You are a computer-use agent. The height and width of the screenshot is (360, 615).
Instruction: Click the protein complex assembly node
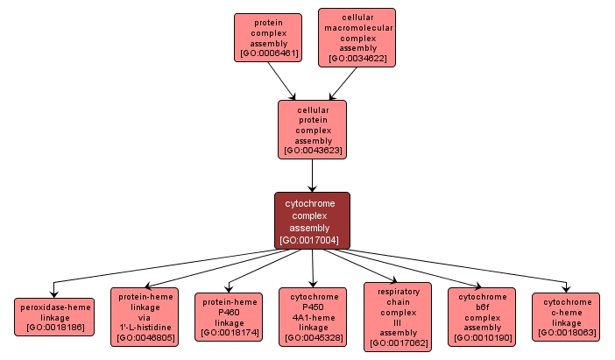267,37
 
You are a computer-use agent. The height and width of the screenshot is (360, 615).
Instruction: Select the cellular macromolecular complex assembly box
357,36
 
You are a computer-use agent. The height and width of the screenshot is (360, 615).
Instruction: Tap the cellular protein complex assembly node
312,130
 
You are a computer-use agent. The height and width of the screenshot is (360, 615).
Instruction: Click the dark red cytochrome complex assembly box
312,220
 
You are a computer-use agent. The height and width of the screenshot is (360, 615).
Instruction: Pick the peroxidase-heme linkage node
53,316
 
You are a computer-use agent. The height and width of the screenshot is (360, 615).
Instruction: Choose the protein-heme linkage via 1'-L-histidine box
143,315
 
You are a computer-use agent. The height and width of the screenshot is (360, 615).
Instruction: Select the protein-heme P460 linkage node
228,316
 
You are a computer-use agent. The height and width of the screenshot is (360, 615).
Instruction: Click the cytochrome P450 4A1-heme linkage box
314,316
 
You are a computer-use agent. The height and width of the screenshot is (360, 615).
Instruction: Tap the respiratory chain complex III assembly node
397,315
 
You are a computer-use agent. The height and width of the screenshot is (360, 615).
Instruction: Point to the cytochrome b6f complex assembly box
483,316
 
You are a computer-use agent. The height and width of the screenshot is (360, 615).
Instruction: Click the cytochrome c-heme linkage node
566,316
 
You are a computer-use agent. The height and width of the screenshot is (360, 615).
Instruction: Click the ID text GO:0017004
312,240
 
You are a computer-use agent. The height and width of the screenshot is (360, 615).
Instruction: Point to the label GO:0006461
267,53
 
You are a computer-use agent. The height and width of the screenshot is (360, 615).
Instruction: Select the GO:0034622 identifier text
357,59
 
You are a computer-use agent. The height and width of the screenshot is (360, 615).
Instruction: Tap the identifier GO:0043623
312,151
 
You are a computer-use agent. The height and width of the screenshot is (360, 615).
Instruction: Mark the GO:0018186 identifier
53,327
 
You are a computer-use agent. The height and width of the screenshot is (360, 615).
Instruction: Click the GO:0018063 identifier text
566,333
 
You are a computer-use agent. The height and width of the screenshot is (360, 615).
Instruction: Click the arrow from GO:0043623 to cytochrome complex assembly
312,175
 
